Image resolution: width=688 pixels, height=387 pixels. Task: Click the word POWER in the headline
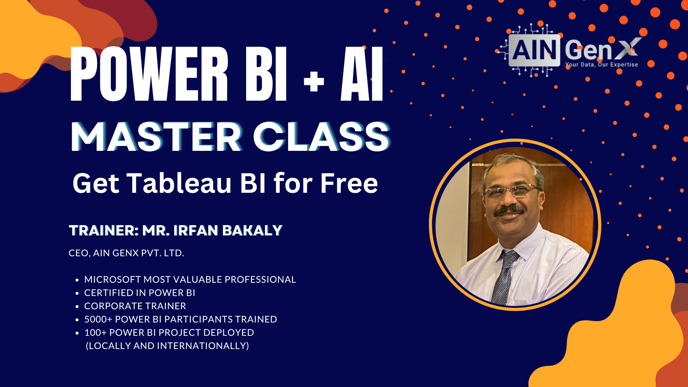click(149, 74)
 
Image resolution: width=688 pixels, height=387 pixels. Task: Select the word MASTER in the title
click(157, 137)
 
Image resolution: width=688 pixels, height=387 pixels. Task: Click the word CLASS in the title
click(322, 137)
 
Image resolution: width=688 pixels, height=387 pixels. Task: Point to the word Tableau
click(179, 183)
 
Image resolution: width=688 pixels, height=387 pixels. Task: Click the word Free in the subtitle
click(349, 183)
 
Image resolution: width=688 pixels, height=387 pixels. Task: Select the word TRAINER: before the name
click(104, 230)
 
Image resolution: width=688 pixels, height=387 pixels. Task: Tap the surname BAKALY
click(252, 230)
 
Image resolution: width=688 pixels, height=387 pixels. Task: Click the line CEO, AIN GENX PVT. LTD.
click(126, 253)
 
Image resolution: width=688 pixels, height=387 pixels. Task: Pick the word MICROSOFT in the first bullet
click(113, 279)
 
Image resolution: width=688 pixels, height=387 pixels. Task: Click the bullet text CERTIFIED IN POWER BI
click(139, 293)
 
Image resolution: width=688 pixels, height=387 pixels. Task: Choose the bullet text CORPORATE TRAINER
click(135, 306)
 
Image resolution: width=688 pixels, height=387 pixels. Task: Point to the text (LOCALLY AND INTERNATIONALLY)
click(167, 346)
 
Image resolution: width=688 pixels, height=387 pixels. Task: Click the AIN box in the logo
click(534, 50)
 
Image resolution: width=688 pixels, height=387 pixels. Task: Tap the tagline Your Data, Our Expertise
click(602, 64)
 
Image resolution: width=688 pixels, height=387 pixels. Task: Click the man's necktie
click(505, 276)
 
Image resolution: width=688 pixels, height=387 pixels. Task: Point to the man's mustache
click(509, 210)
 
